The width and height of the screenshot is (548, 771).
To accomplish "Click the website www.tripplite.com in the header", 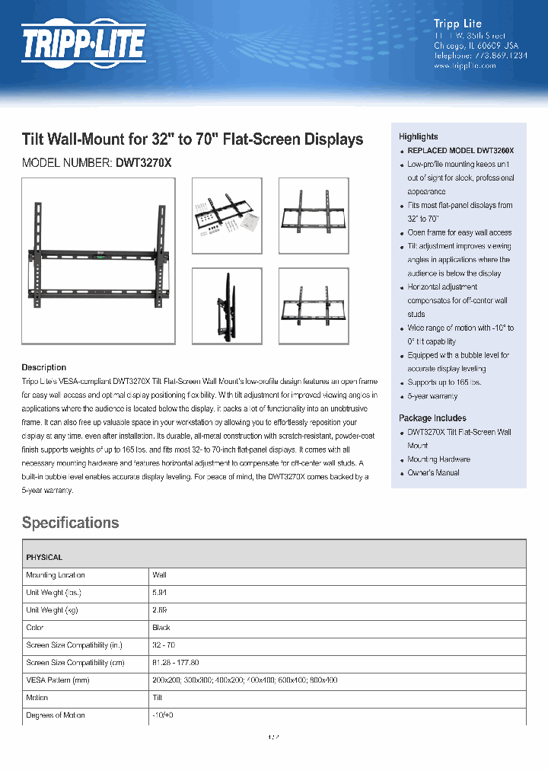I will tap(464, 66).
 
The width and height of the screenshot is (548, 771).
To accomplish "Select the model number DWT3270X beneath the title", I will tap(144, 163).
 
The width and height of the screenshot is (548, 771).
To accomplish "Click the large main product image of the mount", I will tap(98, 260).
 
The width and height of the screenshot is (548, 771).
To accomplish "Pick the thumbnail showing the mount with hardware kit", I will tap(226, 216).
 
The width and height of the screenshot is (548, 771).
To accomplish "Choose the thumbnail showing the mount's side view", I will tap(226, 305).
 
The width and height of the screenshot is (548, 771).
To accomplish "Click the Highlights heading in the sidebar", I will tap(418, 136).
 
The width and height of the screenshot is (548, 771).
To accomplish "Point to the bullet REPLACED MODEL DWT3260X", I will tap(460, 151).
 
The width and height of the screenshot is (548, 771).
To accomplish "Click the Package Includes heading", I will tap(432, 418).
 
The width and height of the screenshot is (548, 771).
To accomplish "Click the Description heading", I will tap(43, 367).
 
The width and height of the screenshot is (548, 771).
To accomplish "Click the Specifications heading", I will tap(70, 523).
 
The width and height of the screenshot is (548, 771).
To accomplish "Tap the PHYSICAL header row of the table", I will tap(44, 558).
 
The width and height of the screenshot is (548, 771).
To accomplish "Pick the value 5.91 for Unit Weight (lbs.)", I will tap(159, 593).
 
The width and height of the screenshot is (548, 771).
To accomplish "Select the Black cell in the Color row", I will tap(161, 628).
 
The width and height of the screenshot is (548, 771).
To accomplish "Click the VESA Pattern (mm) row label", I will tap(58, 680).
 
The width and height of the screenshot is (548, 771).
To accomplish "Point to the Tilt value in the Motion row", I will tap(158, 698).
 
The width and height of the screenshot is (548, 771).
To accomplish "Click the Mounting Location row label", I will tap(56, 575).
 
